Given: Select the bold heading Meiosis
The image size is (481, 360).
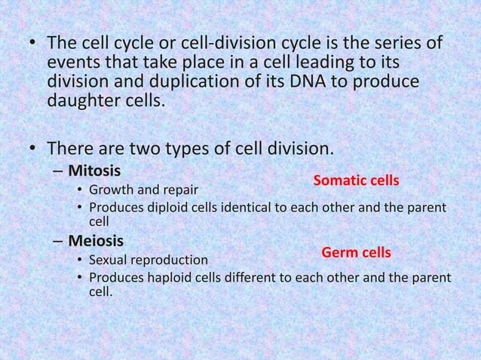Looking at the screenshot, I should point(96,242).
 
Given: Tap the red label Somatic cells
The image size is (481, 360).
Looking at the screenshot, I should point(356,181).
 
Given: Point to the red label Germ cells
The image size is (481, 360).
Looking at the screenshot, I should point(356,252).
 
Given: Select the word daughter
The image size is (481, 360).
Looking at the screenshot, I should point(82,100).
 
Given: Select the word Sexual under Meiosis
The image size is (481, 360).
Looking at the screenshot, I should point(110,261).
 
